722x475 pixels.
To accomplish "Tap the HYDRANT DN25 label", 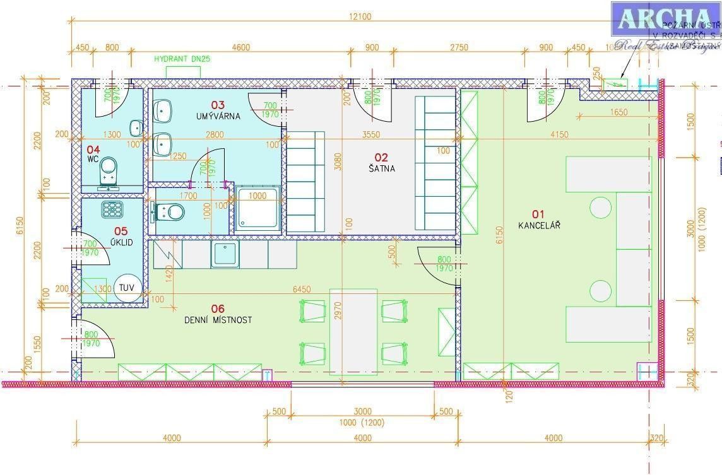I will click(x=182, y=59).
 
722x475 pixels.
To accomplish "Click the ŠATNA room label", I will click(x=382, y=168).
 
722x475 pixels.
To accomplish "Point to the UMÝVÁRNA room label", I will click(x=217, y=116).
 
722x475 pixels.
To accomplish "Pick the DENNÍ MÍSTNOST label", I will click(x=218, y=320).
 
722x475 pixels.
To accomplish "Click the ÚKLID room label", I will click(x=120, y=242).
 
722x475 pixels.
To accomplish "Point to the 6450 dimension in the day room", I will click(x=302, y=289).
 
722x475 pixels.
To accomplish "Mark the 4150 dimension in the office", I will click(x=559, y=134).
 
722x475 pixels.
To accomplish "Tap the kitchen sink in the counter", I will click(x=225, y=254).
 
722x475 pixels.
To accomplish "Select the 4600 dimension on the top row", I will click(x=240, y=47).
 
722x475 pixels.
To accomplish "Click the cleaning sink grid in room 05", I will click(x=112, y=209).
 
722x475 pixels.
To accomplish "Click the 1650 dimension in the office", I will click(x=619, y=112).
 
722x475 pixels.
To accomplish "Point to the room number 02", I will click(x=381, y=157).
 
